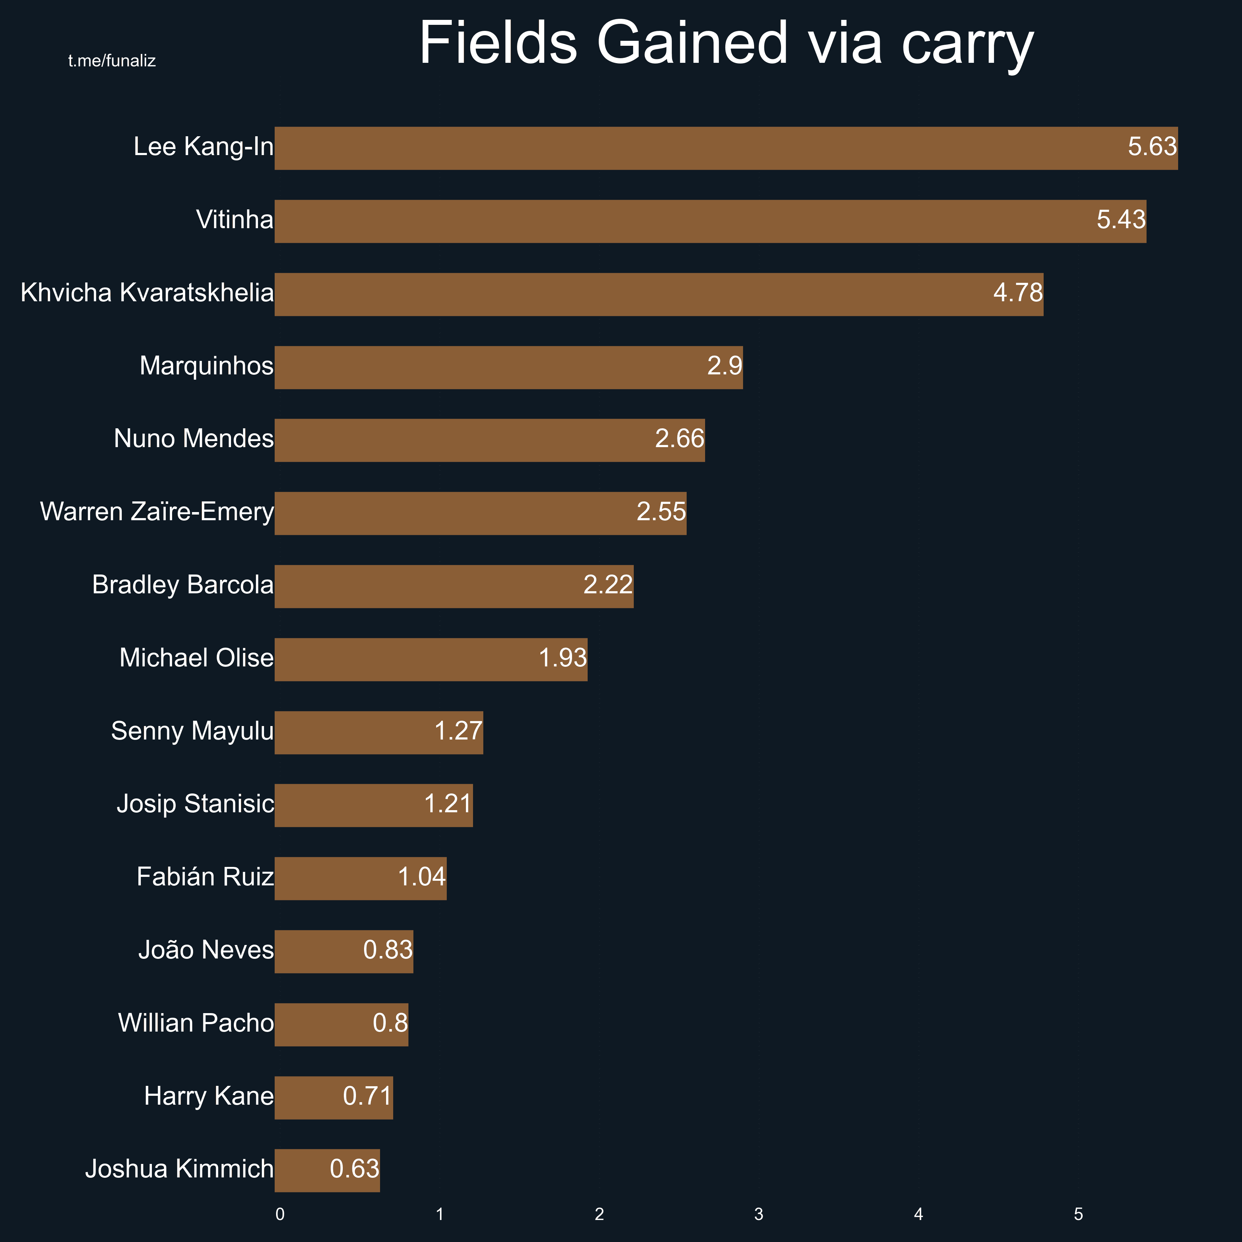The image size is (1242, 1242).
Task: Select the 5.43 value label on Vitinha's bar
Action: [1121, 220]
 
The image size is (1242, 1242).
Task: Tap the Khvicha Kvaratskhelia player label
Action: [147, 293]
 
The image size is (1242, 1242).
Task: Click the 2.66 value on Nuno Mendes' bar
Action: [680, 439]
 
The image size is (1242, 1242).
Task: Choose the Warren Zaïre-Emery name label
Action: [157, 512]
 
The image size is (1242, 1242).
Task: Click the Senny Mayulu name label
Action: [192, 732]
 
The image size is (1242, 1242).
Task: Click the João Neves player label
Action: [206, 950]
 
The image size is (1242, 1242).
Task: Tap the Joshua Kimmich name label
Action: [179, 1169]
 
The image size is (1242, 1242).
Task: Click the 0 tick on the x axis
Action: [280, 1214]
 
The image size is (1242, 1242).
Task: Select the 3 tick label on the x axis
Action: [759, 1214]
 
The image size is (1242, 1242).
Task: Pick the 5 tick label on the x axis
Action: [1078, 1214]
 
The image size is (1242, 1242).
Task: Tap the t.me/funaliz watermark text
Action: [112, 61]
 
